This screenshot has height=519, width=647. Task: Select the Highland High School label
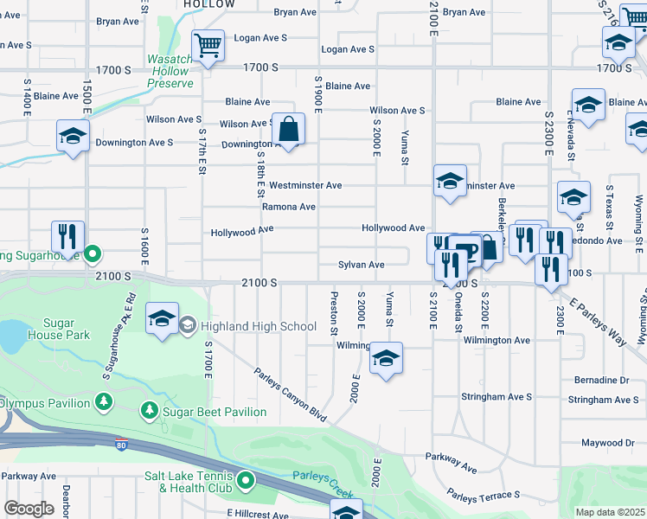pyautogui.click(x=259, y=326)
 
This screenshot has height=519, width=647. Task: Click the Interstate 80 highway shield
pyautogui.click(x=122, y=445)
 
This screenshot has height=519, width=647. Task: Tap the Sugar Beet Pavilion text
pyautogui.click(x=215, y=412)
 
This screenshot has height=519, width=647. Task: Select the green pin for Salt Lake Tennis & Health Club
pyautogui.click(x=246, y=479)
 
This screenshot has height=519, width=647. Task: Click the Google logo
pyautogui.click(x=29, y=509)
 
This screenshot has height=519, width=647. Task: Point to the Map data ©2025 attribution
pyautogui.click(x=611, y=512)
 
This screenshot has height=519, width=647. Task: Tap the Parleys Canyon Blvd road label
pyautogui.click(x=291, y=395)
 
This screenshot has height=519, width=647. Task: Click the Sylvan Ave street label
pyautogui.click(x=361, y=265)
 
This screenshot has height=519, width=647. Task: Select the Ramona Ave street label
pyautogui.click(x=289, y=208)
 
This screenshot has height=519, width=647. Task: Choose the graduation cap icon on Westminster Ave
pyautogui.click(x=450, y=182)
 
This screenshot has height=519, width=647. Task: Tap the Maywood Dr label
pyautogui.click(x=607, y=443)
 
